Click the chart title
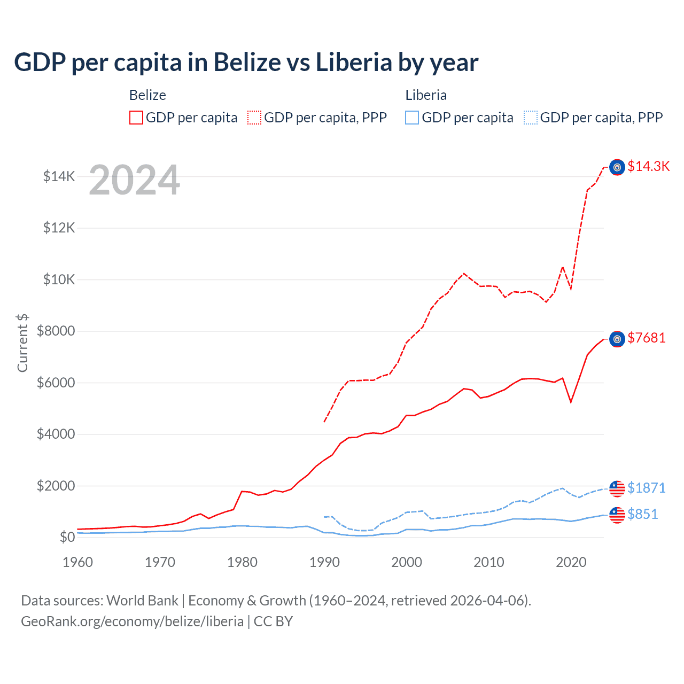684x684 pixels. pyautogui.click(x=246, y=63)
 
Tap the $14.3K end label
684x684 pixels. pyautogui.click(x=648, y=167)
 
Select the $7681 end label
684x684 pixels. pyautogui.click(x=646, y=338)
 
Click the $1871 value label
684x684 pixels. pyautogui.click(x=646, y=488)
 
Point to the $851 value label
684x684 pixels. pyautogui.click(x=642, y=515)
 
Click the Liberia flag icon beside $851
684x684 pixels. pyautogui.click(x=617, y=515)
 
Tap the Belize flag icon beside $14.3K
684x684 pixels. pyautogui.click(x=617, y=167)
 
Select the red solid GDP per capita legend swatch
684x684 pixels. pyautogui.click(x=136, y=118)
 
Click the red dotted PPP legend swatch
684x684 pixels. pyautogui.click(x=254, y=118)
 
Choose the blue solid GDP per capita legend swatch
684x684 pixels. pyautogui.click(x=412, y=118)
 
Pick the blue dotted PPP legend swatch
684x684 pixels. pyautogui.click(x=531, y=118)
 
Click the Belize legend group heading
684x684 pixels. pyautogui.click(x=147, y=95)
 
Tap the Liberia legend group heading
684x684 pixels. pyautogui.click(x=426, y=95)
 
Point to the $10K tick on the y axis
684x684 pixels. pyautogui.click(x=59, y=279)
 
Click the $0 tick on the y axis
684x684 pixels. pyautogui.click(x=67, y=537)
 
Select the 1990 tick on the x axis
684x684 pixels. pyautogui.click(x=324, y=562)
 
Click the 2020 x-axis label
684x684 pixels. pyautogui.click(x=571, y=562)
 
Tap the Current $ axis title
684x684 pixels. pyautogui.click(x=22, y=343)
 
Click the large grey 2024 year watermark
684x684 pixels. pyautogui.click(x=134, y=181)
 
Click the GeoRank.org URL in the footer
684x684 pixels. pyautogui.click(x=132, y=621)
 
